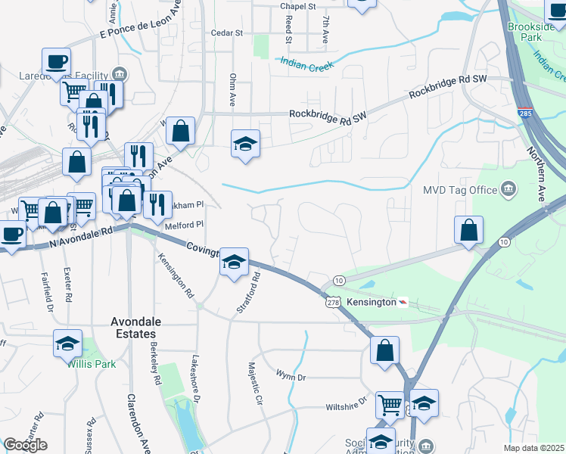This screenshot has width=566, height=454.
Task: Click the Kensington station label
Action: [x=372, y=302]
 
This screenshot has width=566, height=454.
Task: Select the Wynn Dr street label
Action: [x=291, y=375]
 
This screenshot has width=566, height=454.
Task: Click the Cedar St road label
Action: [x=227, y=33]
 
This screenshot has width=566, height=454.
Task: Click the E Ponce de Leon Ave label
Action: [x=142, y=23]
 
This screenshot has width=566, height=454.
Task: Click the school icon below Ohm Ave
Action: [x=246, y=143]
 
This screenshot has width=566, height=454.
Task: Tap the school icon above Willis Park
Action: [x=68, y=343]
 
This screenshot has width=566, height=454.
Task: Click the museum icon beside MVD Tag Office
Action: [x=508, y=188]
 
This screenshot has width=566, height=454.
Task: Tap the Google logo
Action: [x=25, y=445]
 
